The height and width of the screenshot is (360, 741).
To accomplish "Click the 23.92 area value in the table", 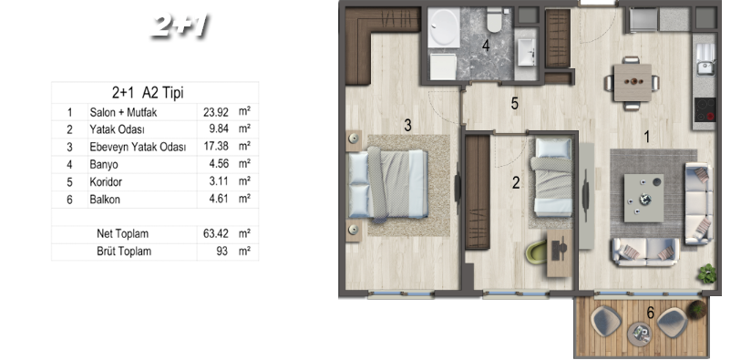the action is [x=216, y=112].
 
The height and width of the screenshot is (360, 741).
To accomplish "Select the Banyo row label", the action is [x=104, y=165].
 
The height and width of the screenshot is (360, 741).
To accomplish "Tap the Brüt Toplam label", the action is [x=124, y=252].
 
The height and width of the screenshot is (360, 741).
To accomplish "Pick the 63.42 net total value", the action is [x=216, y=234].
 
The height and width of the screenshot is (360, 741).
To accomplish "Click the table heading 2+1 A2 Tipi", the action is [x=148, y=93].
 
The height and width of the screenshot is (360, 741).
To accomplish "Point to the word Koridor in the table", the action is [x=105, y=182].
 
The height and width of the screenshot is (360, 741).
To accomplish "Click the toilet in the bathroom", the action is [x=494, y=20].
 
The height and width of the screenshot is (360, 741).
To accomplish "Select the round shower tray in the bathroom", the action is [x=443, y=27].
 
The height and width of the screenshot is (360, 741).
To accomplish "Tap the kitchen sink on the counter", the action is [x=705, y=59].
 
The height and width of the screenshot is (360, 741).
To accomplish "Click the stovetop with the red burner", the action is [x=705, y=109].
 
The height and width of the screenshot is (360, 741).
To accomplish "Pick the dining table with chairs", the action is [x=633, y=83].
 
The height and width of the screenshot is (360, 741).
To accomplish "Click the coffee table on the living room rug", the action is [x=643, y=198].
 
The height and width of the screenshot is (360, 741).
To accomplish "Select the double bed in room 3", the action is [x=388, y=184].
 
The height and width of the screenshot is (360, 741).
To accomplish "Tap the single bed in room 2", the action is [x=553, y=177].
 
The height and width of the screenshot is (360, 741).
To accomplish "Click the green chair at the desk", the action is [x=536, y=252].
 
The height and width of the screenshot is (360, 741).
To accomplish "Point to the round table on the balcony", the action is [x=640, y=334].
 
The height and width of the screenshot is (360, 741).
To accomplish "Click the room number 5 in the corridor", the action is [x=515, y=104].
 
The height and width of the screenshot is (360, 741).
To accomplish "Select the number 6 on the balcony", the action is [x=651, y=313].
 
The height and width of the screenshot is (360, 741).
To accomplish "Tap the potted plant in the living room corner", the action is [x=707, y=273].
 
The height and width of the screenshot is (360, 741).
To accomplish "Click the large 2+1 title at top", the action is [x=180, y=26].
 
